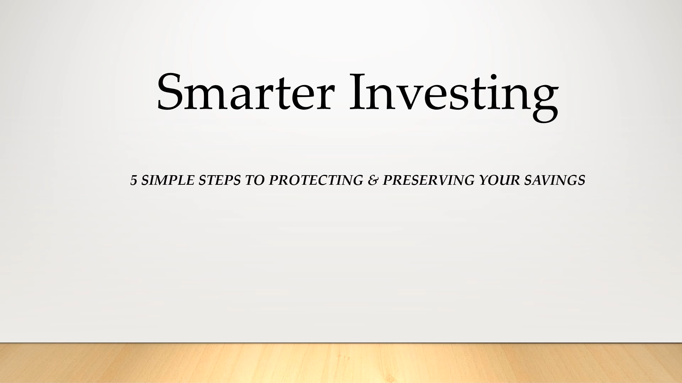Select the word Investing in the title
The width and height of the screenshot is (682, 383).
(454, 96)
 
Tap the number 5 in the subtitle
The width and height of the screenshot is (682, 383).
(134, 181)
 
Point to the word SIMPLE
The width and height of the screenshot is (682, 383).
(168, 181)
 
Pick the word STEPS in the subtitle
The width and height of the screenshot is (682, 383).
(220, 181)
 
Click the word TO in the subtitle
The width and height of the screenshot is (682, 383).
(255, 181)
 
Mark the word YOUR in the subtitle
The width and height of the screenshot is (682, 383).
(499, 181)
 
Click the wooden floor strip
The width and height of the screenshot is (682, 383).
(341, 363)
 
